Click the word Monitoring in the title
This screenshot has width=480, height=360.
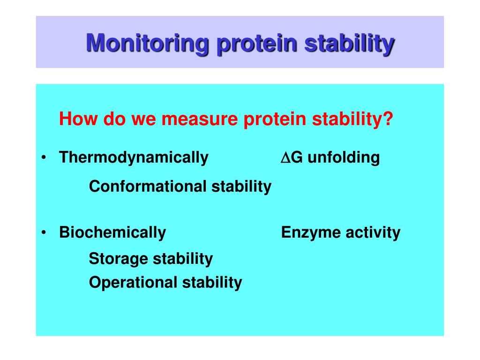pyautogui.click(x=147, y=43)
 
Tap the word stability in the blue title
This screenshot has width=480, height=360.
pyautogui.click(x=349, y=44)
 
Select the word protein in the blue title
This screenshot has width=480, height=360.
pyautogui.click(x=256, y=44)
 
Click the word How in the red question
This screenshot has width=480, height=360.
pyautogui.click(x=78, y=119)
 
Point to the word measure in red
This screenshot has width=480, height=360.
pyautogui.click(x=199, y=119)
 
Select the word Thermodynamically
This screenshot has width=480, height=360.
pyautogui.click(x=134, y=157)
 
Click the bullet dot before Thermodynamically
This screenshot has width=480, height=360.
pyautogui.click(x=44, y=157)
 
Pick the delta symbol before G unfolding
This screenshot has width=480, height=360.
pyautogui.click(x=285, y=157)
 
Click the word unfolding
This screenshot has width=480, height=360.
pyautogui.click(x=344, y=157)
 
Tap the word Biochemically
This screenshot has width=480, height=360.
pyautogui.click(x=112, y=232)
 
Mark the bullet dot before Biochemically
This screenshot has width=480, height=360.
pyautogui.click(x=44, y=232)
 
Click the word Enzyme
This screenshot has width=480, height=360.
pyautogui.click(x=311, y=232)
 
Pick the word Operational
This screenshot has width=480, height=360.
pyautogui.click(x=133, y=282)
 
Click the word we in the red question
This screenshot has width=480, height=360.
pyautogui.click(x=144, y=119)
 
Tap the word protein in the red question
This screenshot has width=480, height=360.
pyautogui.click(x=275, y=119)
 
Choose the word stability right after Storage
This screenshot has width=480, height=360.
pyautogui.click(x=183, y=259)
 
